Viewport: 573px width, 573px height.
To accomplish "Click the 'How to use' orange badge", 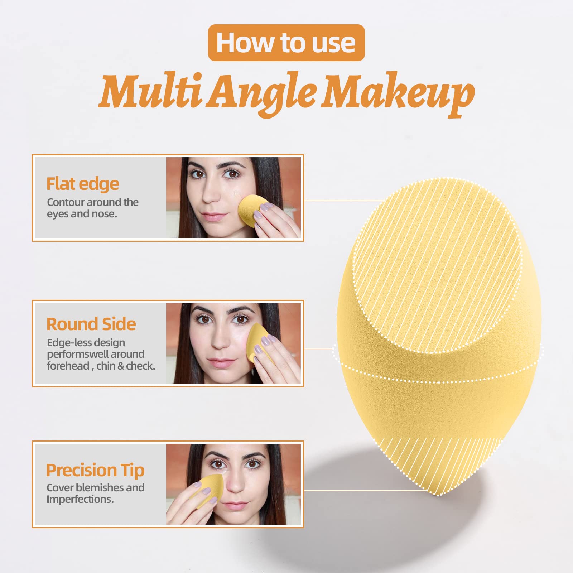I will [286, 43].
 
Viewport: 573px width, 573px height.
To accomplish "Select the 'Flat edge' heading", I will [83, 184].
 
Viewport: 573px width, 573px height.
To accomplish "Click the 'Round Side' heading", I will [91, 324].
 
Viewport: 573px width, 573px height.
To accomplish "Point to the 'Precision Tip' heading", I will [95, 470].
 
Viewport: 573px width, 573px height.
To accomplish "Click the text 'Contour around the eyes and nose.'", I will [92, 208].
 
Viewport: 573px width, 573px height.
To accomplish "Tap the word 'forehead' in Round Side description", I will [68, 366].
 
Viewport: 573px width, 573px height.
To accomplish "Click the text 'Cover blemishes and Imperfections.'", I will [95, 493].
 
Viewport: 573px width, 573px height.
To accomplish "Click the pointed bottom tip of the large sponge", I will [437, 493].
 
